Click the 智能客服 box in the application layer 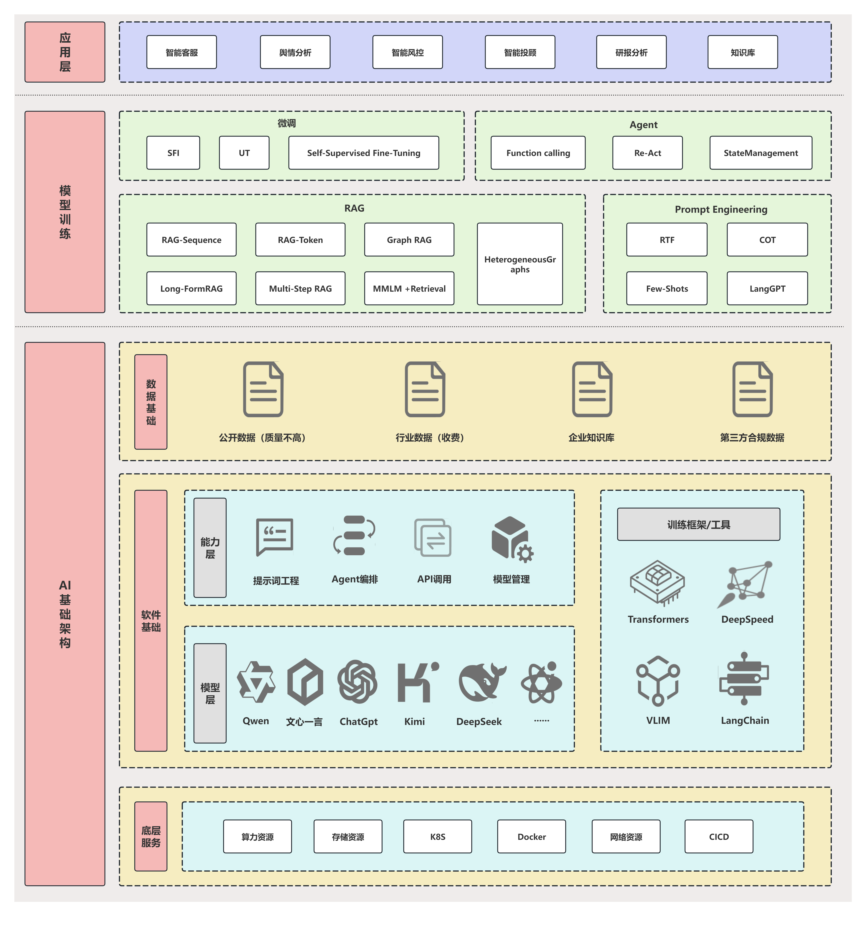pos(182,52)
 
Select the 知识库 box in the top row pos(742,52)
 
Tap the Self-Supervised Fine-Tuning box pos(363,153)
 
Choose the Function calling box pos(538,153)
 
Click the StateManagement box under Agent pos(760,153)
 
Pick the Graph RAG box pos(409,240)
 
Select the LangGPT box pos(767,288)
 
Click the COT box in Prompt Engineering pos(767,240)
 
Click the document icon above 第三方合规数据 pos(752,389)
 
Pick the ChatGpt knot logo pos(357,682)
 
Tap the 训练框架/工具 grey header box pos(698,524)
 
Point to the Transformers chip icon pos(657,582)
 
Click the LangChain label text pos(745,720)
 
